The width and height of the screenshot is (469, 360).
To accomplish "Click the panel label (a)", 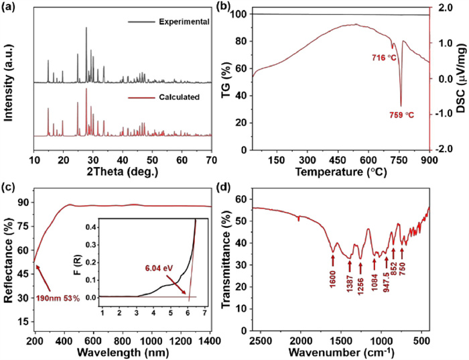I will [x=11, y=7].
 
